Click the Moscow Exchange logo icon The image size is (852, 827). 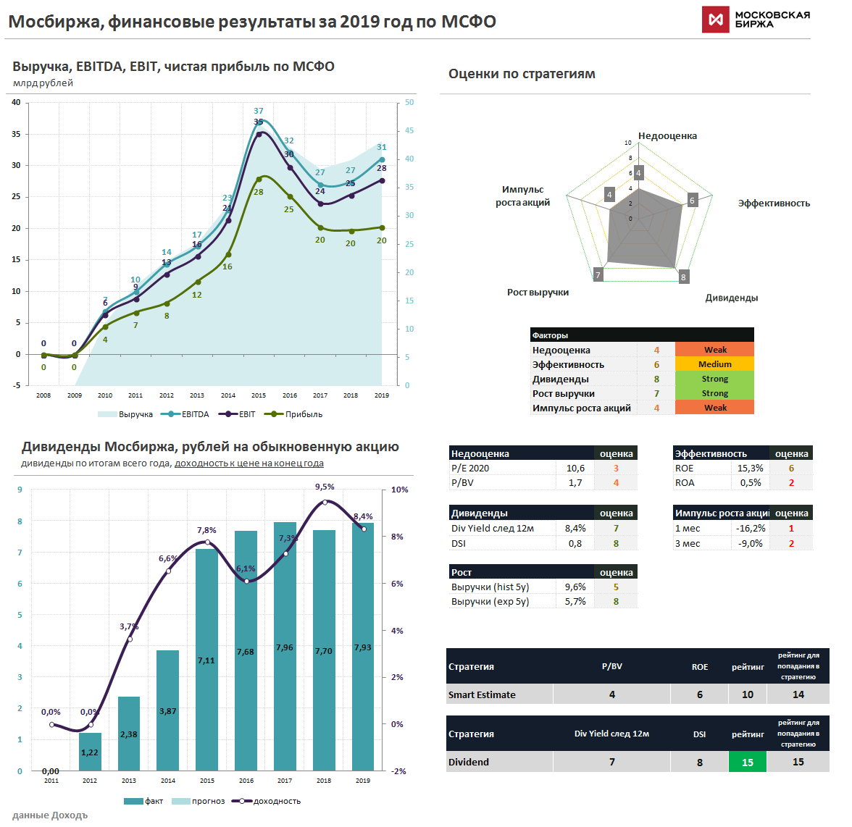coord(715,20)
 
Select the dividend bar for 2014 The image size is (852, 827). coord(168,710)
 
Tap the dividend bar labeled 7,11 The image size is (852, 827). coord(206,659)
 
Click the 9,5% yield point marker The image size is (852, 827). coord(325,502)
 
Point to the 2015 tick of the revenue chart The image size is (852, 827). coord(259,395)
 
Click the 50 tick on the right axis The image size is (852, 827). coord(409,103)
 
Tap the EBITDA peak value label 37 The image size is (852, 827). coord(259,112)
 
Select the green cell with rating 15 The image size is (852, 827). coord(747,762)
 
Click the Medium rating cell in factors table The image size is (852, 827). coord(714,364)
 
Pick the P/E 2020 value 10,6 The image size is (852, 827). coord(575,469)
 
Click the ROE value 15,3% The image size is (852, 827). coord(750,469)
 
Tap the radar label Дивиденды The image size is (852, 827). coord(731,298)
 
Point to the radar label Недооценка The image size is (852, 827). coord(667,136)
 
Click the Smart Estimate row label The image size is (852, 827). coord(482,694)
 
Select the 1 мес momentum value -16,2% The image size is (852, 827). coord(751,529)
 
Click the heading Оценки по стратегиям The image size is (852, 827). coord(522,74)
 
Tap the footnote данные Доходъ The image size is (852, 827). coord(50,815)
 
